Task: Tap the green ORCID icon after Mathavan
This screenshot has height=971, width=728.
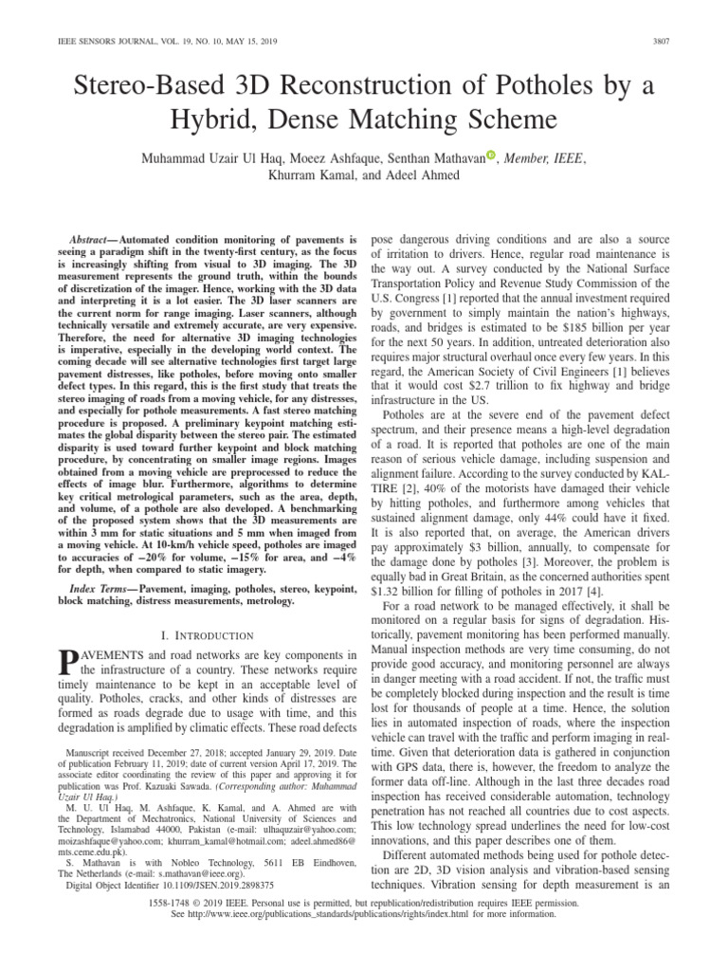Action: [491, 156]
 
